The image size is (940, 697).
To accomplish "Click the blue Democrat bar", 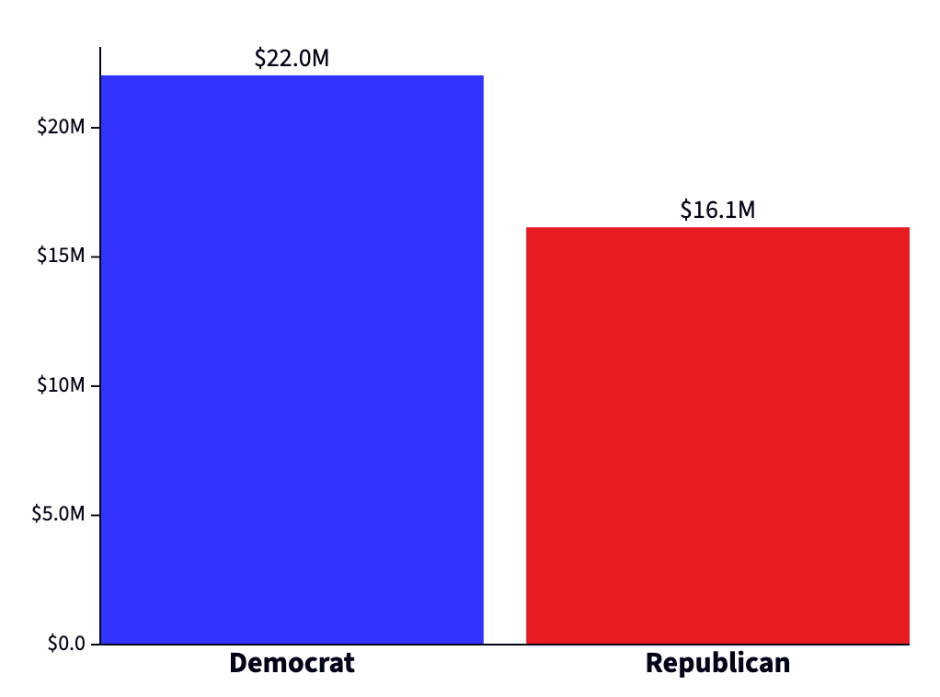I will (x=292, y=359).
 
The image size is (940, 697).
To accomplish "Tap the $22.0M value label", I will (x=292, y=59).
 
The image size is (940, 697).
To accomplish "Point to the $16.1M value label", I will (x=717, y=211).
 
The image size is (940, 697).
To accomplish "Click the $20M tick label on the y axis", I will (x=61, y=127).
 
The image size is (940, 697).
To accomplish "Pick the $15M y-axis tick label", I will (x=61, y=256).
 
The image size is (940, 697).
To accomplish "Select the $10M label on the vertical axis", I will (x=61, y=385).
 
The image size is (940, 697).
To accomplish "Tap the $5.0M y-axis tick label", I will (x=58, y=514).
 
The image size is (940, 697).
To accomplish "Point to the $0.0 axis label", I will (x=66, y=644).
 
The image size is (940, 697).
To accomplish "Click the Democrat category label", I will (x=292, y=663).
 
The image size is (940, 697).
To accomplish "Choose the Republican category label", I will (x=717, y=663).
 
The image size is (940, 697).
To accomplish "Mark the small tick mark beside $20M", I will (x=95, y=127).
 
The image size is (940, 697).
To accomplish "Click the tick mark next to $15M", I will (x=95, y=256).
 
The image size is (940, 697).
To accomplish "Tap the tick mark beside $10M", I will (x=95, y=385).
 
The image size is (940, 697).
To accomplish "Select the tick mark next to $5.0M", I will (x=95, y=514).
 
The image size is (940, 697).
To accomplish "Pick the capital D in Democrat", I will (x=238, y=663).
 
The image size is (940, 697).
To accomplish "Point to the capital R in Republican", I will (x=654, y=663).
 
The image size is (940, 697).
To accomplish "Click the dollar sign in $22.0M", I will (x=260, y=59).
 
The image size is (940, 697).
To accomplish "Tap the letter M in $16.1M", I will (x=746, y=211).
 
